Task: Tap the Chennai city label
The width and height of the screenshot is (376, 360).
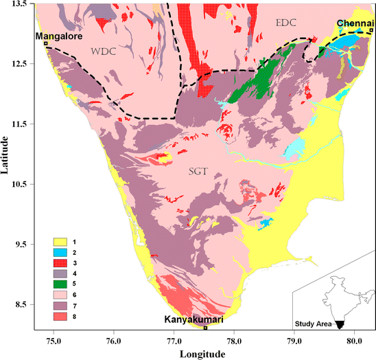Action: tap(355, 23)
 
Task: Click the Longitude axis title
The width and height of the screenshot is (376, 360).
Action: tap(202, 353)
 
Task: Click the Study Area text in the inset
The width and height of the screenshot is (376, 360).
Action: tap(313, 324)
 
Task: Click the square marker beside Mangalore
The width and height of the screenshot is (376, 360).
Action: tap(46, 43)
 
